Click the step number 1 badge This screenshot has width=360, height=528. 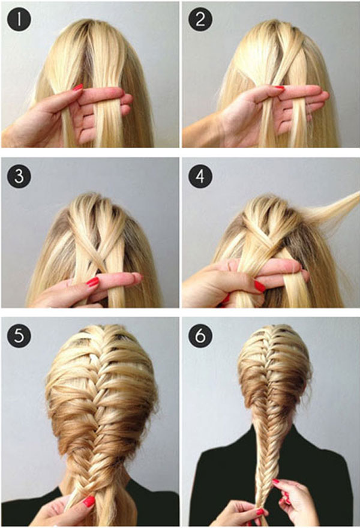point(19,19)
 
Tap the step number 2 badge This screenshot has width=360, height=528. point(200,19)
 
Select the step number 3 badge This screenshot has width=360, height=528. point(19,176)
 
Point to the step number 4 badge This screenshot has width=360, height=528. point(200,176)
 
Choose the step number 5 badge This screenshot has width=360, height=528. point(19,335)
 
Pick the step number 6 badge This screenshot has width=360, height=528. point(200,335)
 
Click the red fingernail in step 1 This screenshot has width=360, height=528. point(78,88)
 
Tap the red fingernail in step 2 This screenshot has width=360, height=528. point(279,88)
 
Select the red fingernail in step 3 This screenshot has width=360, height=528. point(92,282)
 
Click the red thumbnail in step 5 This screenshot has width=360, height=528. point(89,502)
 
